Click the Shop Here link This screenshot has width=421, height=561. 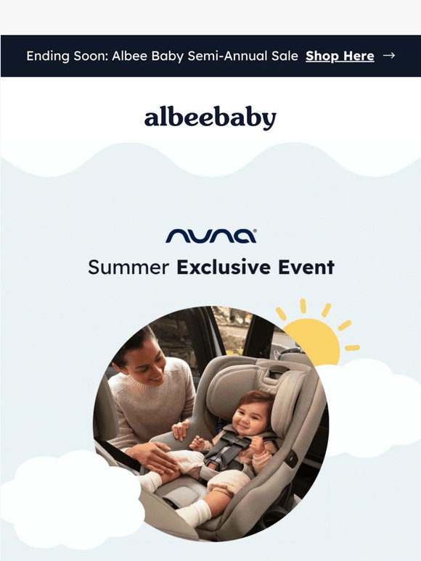[x=340, y=56]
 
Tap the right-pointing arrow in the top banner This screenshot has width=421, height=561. [x=389, y=56]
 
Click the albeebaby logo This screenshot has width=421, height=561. [x=210, y=117]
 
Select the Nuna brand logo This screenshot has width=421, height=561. [x=211, y=236]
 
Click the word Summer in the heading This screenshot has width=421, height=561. [x=128, y=267]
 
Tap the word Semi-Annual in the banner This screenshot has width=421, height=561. [x=227, y=56]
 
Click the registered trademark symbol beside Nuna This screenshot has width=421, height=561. [x=255, y=231]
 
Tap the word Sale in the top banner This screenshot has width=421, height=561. [x=285, y=56]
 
